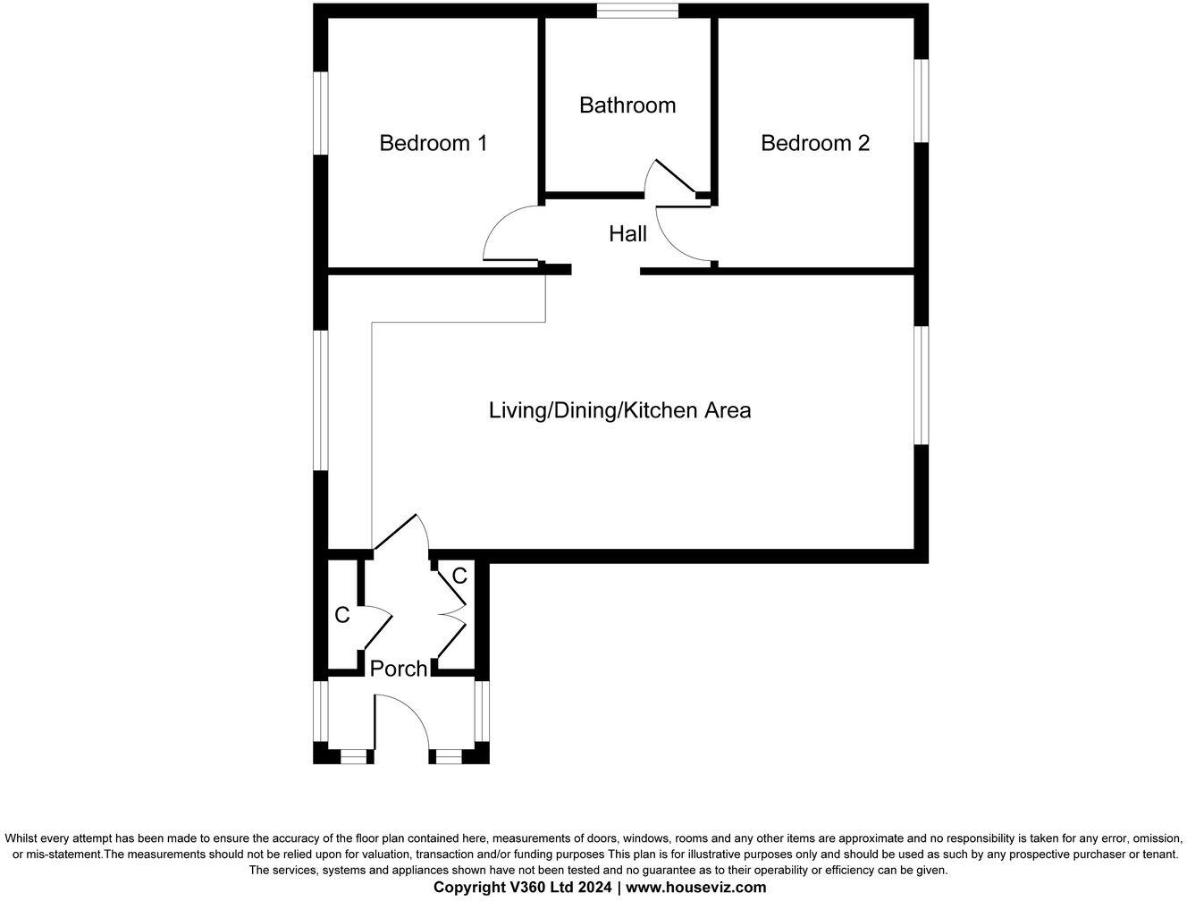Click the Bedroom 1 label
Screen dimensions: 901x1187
tap(434, 143)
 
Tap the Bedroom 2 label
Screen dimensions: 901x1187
tap(815, 143)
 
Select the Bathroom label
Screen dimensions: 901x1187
tap(627, 105)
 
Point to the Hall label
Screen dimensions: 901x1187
tap(627, 234)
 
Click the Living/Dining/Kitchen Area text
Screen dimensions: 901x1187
tap(619, 410)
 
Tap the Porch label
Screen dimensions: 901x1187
tap(399, 669)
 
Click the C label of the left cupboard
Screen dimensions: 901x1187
tap(341, 615)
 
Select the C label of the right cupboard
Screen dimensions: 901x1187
tap(459, 577)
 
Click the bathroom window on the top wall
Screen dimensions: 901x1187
tap(637, 11)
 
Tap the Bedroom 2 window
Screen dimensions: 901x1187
tap(922, 101)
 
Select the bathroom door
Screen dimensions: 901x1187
tap(675, 176)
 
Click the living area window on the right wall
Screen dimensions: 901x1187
tap(922, 385)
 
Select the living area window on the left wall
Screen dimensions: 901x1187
tap(320, 400)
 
